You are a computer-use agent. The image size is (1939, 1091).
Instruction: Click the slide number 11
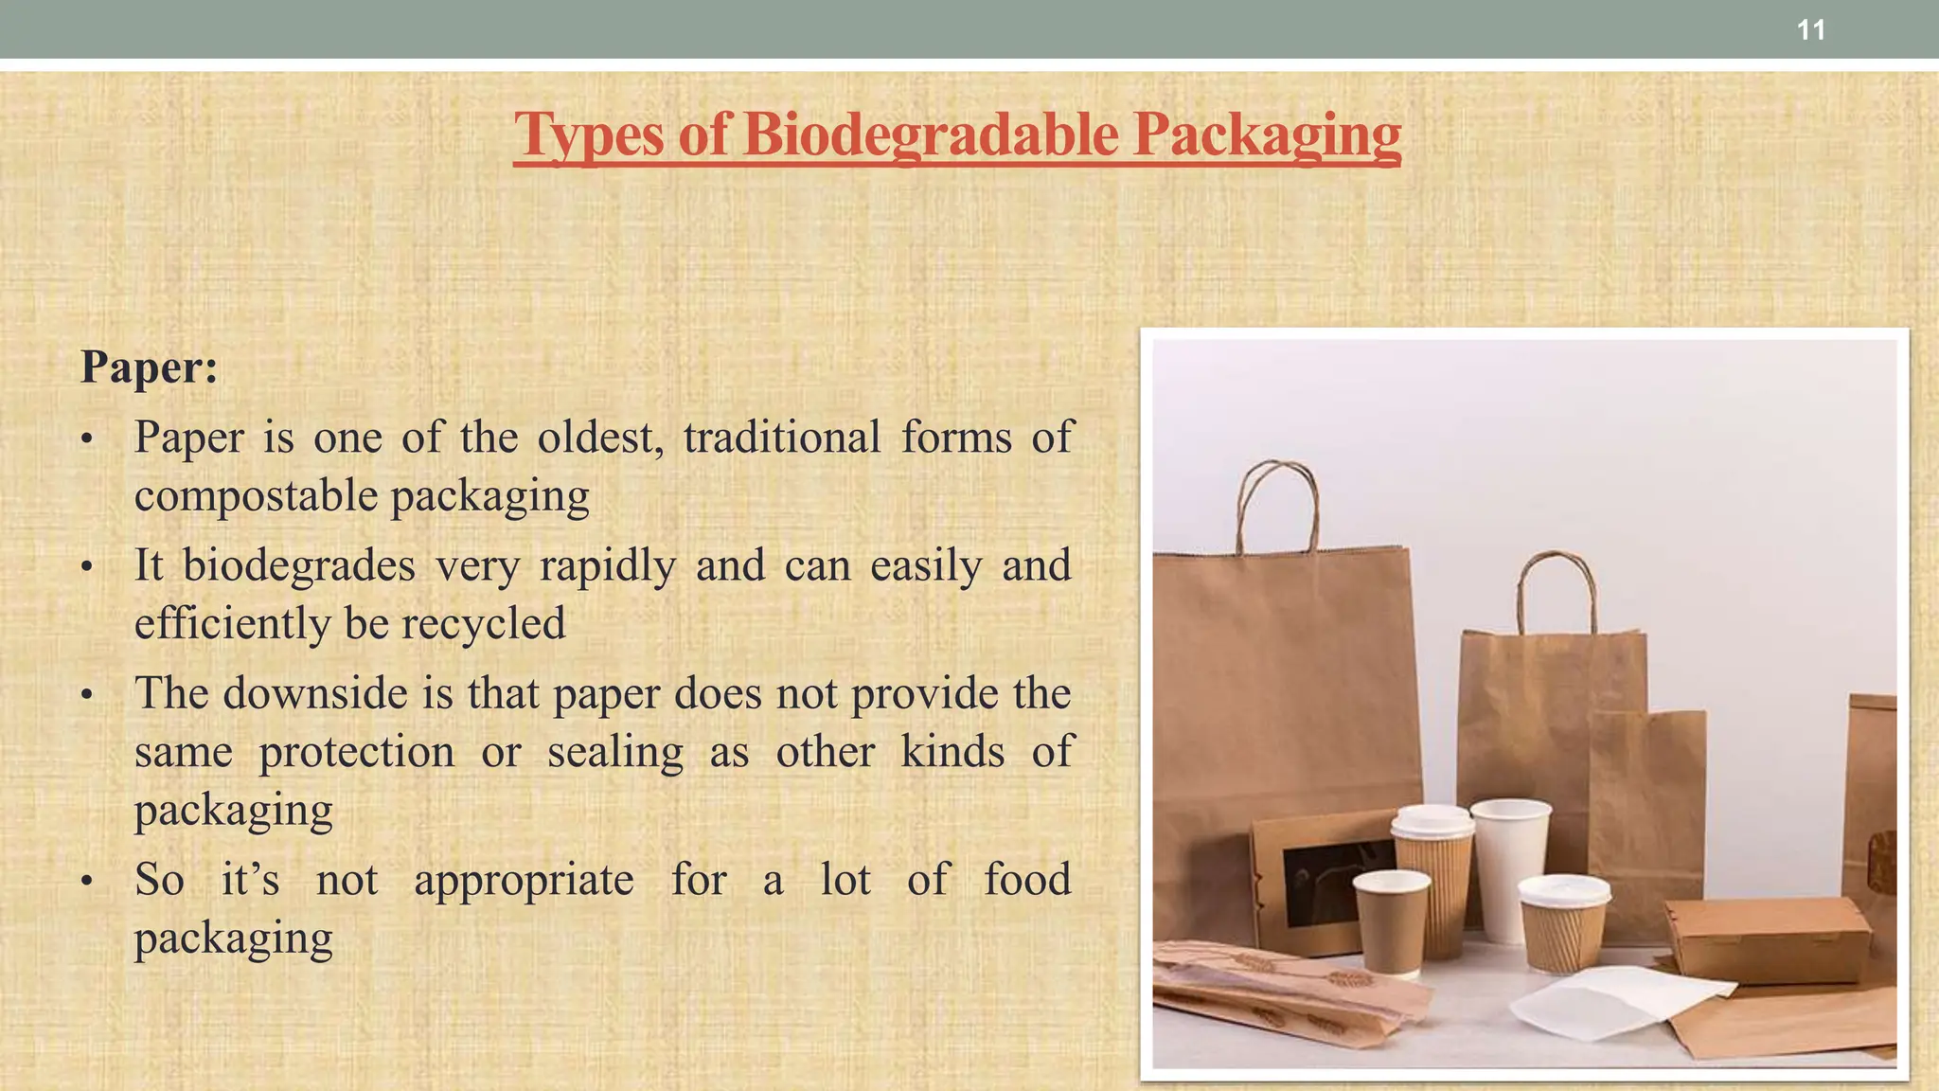[x=1810, y=30]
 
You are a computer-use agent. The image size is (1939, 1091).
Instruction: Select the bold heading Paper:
[x=150, y=367]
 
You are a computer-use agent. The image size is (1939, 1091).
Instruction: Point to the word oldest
[x=600, y=438]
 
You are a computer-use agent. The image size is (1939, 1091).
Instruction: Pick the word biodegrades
[x=299, y=566]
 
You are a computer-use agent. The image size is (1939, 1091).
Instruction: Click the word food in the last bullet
[x=1027, y=879]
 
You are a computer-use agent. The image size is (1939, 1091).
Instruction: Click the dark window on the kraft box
[x=1335, y=881]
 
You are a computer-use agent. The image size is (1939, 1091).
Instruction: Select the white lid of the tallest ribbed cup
[x=1432, y=820]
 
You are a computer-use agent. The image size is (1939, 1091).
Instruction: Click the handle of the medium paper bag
[x=1557, y=587]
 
